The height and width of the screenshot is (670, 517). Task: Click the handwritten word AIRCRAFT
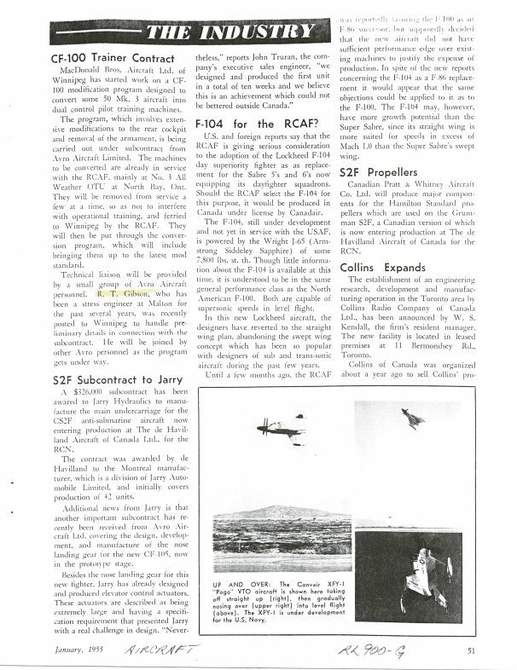[x=161, y=650]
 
